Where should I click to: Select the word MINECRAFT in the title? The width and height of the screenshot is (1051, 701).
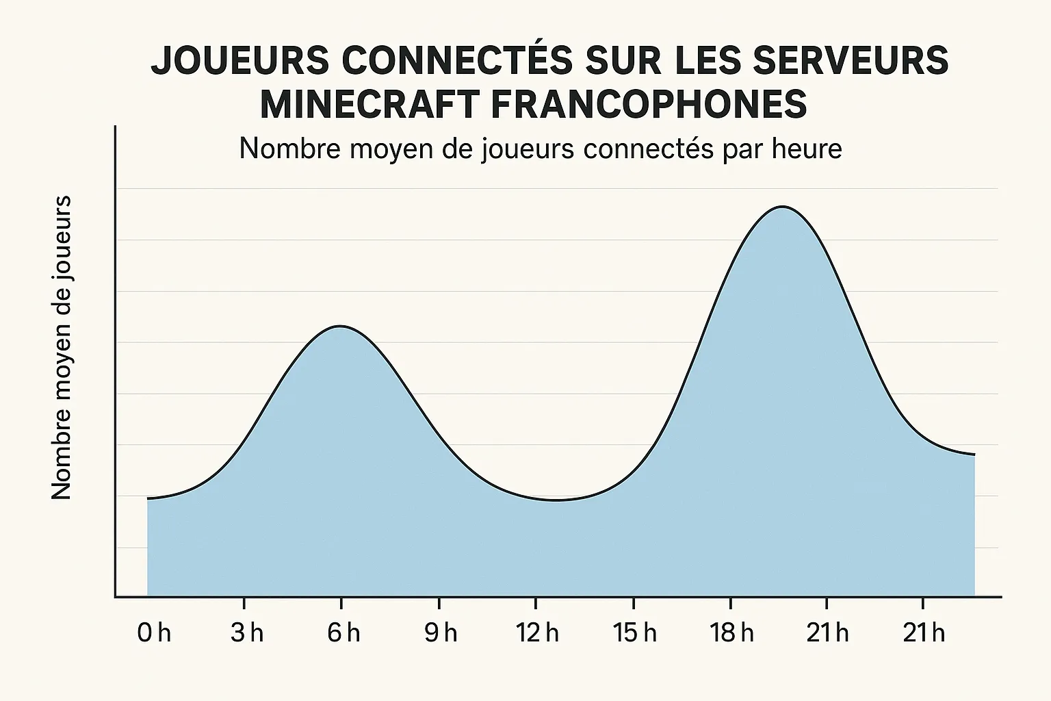(368, 105)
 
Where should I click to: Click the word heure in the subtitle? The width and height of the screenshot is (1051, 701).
(807, 149)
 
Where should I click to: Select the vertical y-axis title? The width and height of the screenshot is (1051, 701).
(62, 348)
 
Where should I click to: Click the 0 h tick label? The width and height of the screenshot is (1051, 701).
(154, 633)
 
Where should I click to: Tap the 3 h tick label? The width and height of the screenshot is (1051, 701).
(247, 633)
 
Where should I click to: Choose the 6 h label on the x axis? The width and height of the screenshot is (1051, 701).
(343, 633)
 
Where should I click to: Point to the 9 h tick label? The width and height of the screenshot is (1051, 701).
(441, 633)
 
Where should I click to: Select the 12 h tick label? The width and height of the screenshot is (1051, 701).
(537, 633)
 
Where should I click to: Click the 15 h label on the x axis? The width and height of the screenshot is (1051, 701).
(634, 633)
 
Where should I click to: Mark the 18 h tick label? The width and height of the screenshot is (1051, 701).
(731, 633)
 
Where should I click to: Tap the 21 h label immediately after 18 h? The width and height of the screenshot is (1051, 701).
(827, 633)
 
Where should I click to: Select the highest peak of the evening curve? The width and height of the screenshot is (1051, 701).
(783, 207)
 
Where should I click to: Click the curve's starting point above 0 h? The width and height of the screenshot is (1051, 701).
(148, 498)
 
